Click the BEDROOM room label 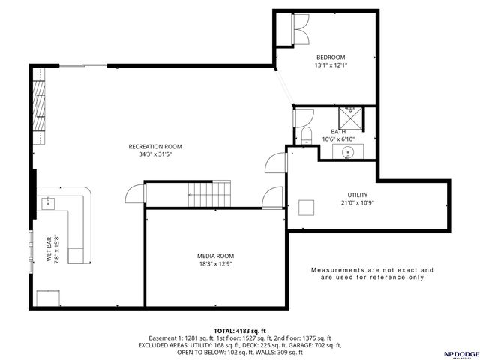click(x=330, y=58)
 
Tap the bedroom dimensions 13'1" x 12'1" click(x=330, y=66)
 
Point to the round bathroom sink click(x=349, y=152)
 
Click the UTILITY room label click(x=337, y=194)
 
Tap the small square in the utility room click(x=307, y=206)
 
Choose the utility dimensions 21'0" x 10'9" click(x=337, y=202)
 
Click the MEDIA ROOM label click(x=215, y=256)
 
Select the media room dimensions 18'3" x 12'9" click(x=215, y=264)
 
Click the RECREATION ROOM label click(x=155, y=146)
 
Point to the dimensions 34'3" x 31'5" click(x=155, y=155)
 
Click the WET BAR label click(x=49, y=246)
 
